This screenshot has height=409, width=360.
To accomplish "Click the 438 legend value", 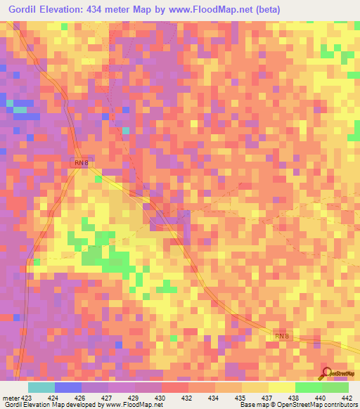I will [x=293, y=397].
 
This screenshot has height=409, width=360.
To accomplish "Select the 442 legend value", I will [x=347, y=397].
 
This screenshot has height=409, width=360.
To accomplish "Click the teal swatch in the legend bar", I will [x=41, y=387].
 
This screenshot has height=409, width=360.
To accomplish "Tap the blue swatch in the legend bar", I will [x=67, y=387].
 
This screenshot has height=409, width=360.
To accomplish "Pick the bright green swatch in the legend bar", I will [x=308, y=387].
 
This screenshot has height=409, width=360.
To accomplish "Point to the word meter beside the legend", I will [x=11, y=397].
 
